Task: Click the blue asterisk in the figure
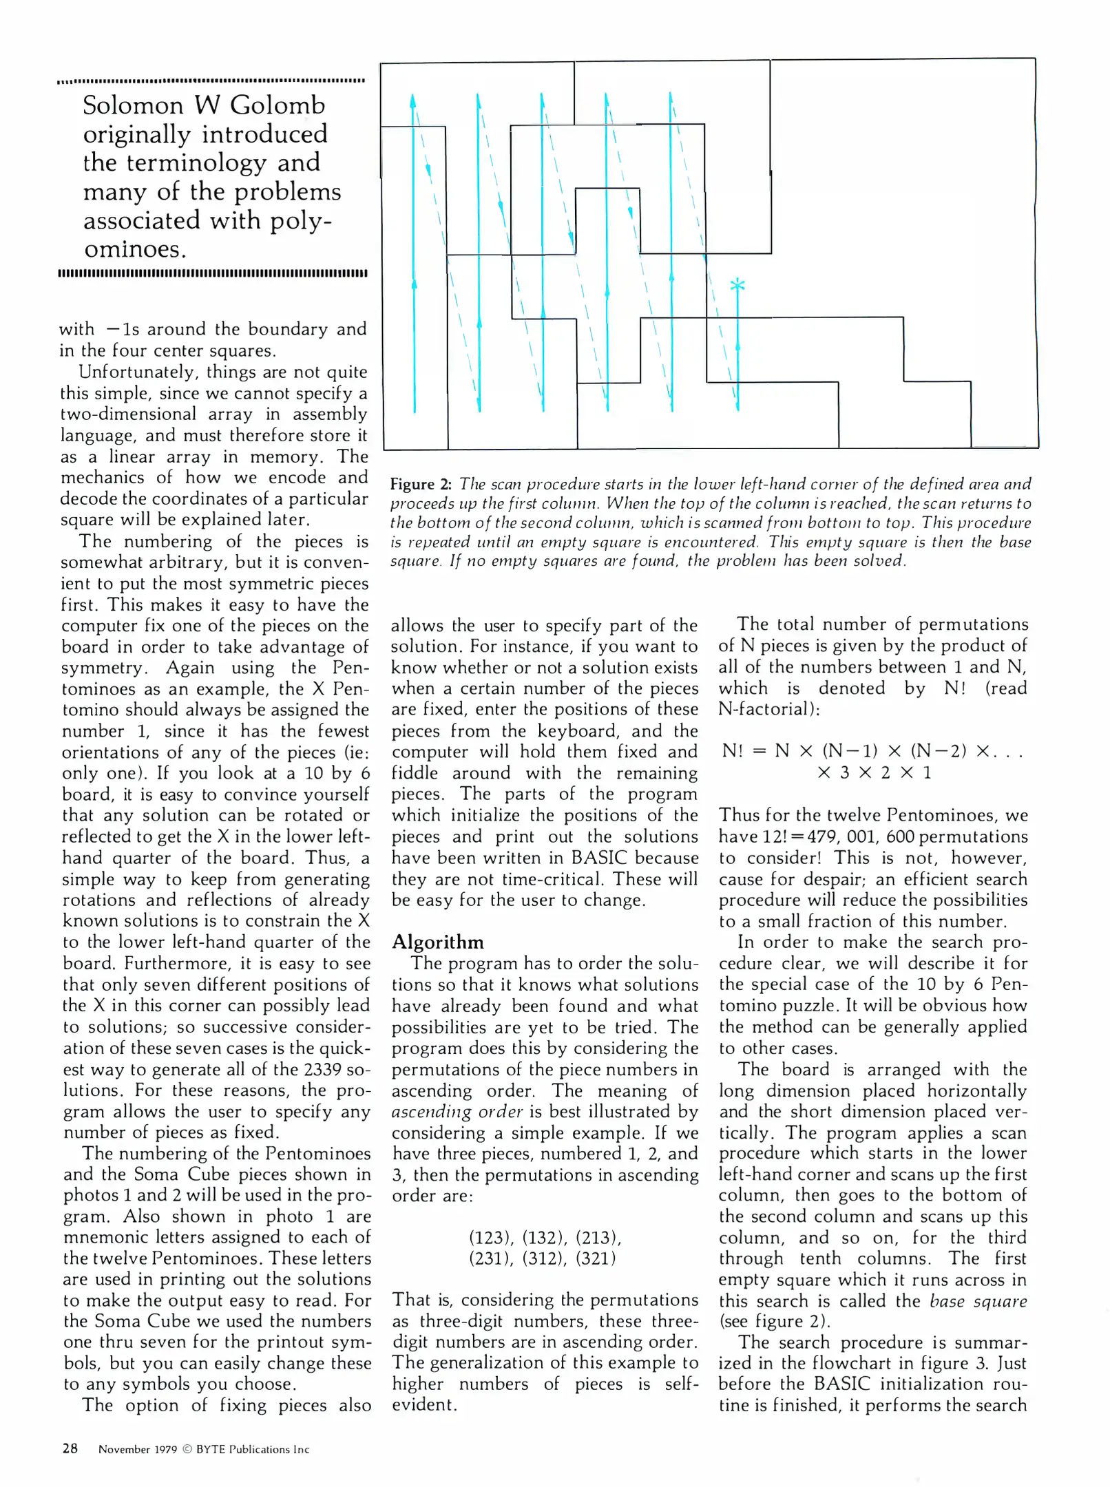(737, 284)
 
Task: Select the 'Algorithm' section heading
(437, 942)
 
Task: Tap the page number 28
(70, 1448)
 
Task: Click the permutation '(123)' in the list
(491, 1238)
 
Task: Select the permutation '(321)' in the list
(596, 1258)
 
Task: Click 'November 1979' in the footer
(138, 1449)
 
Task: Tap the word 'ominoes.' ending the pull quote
(135, 249)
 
